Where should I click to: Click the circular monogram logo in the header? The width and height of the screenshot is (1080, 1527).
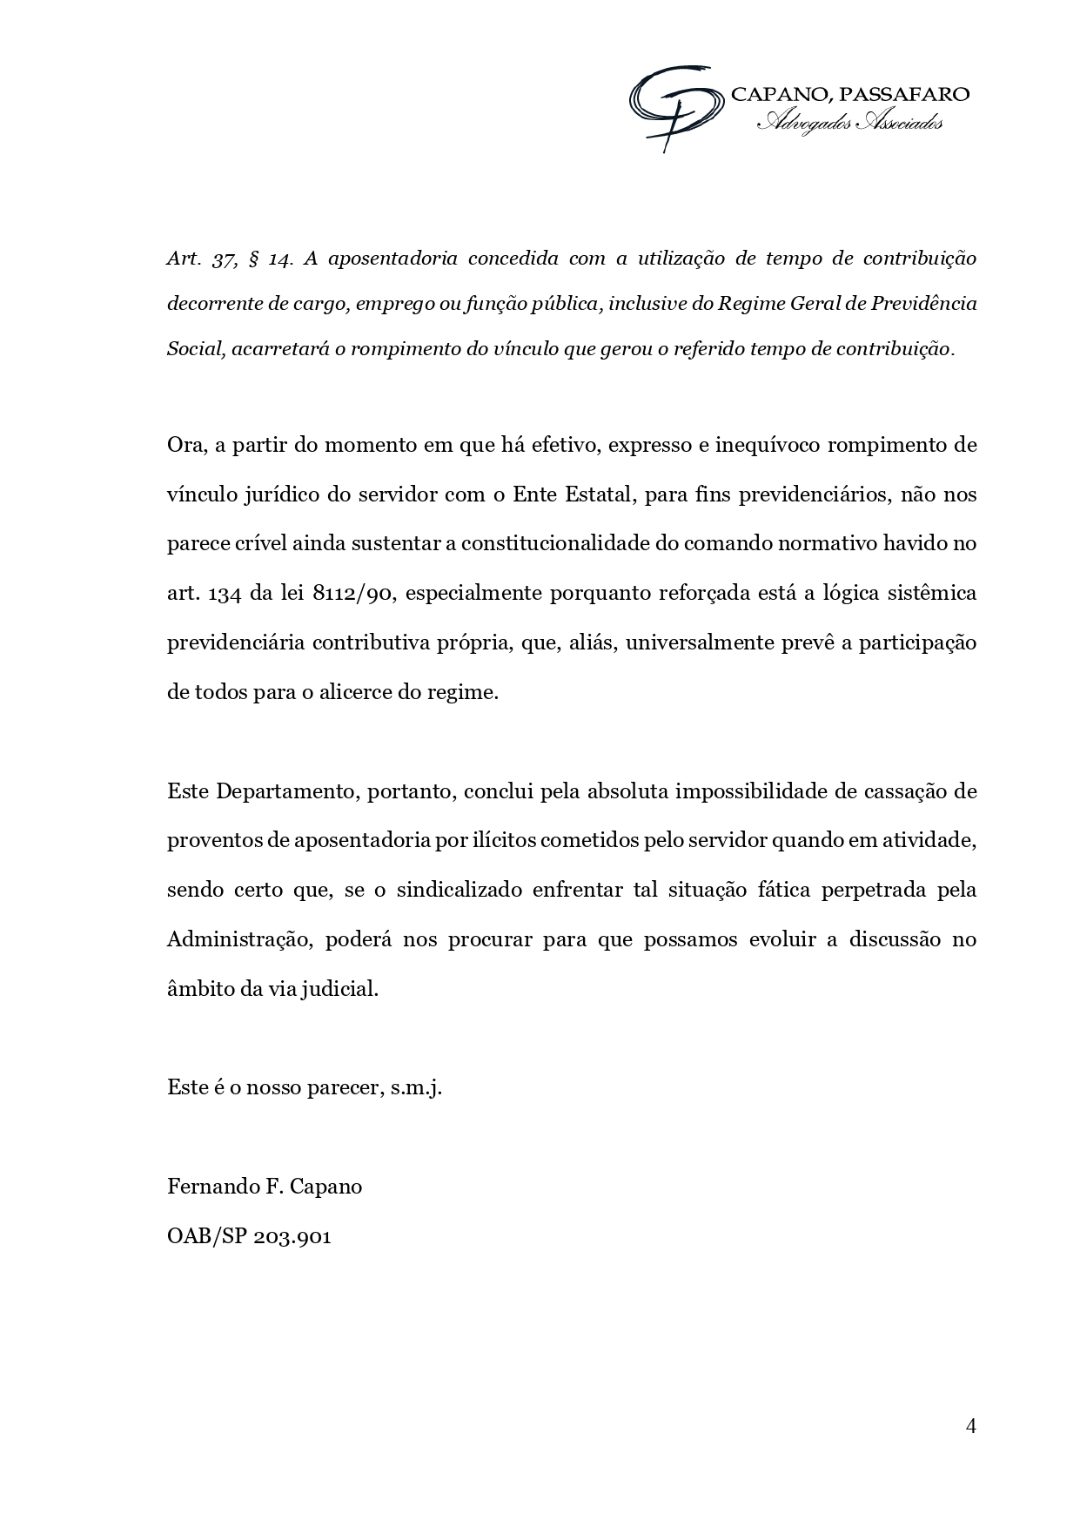coord(675,105)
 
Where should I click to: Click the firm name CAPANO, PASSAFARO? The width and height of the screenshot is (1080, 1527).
coord(849,95)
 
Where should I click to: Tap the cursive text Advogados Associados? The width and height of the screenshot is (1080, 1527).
coord(849,124)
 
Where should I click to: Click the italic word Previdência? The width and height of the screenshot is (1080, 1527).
coord(924,304)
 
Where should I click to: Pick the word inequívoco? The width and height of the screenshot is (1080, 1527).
coord(767,446)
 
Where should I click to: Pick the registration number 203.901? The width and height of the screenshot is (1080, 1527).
coord(292,1236)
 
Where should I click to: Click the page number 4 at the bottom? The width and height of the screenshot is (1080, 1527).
coord(971,1425)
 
